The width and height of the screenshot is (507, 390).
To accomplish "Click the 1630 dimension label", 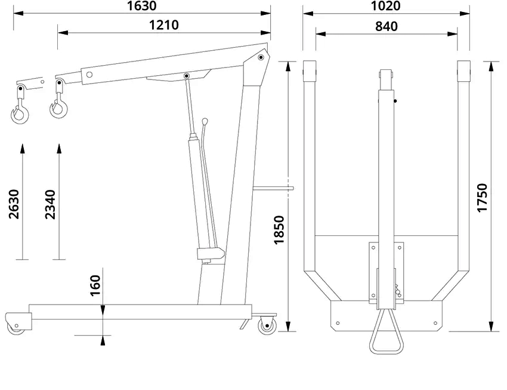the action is point(142,6).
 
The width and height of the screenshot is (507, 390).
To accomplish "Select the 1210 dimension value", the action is point(164,25).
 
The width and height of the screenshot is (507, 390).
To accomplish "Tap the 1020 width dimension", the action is point(385,6).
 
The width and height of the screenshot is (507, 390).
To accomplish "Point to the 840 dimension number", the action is point(387,26).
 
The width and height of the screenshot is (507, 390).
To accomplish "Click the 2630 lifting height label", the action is point(14,204).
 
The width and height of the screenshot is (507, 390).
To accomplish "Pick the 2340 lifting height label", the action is point(50,204).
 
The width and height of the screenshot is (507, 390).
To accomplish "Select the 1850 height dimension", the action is point(279,230).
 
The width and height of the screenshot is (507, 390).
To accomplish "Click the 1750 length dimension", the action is point(482,198).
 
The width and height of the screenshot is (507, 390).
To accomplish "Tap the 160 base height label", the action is point(95,285).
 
